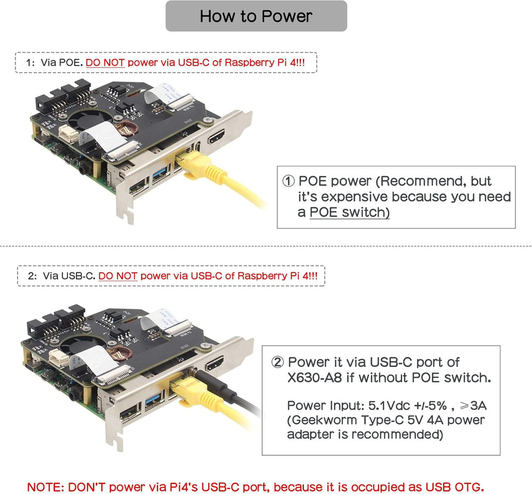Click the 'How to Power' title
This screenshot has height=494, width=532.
[x=256, y=16]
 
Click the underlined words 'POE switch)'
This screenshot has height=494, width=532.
[x=350, y=212]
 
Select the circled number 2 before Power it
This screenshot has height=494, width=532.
[x=278, y=363]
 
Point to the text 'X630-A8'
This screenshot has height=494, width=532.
[x=311, y=379]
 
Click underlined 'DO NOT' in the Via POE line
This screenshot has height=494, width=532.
[x=105, y=63]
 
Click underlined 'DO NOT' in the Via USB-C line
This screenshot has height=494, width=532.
[x=118, y=276]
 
